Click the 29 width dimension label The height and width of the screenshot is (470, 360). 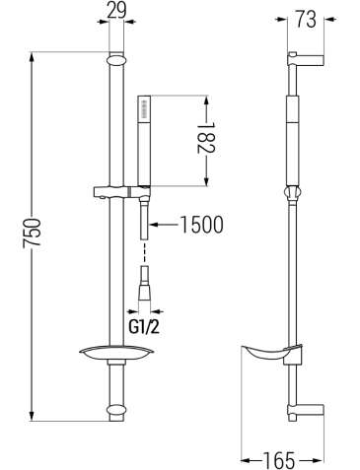(x=116, y=11)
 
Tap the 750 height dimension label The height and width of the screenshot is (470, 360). (x=32, y=232)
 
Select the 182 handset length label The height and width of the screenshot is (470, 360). (x=206, y=138)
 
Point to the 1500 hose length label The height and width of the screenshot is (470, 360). (x=202, y=225)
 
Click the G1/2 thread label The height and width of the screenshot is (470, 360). (x=144, y=326)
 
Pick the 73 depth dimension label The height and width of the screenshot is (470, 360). (x=306, y=20)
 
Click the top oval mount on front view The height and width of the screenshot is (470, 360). (x=116, y=61)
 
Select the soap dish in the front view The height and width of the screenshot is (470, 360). (x=116, y=353)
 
